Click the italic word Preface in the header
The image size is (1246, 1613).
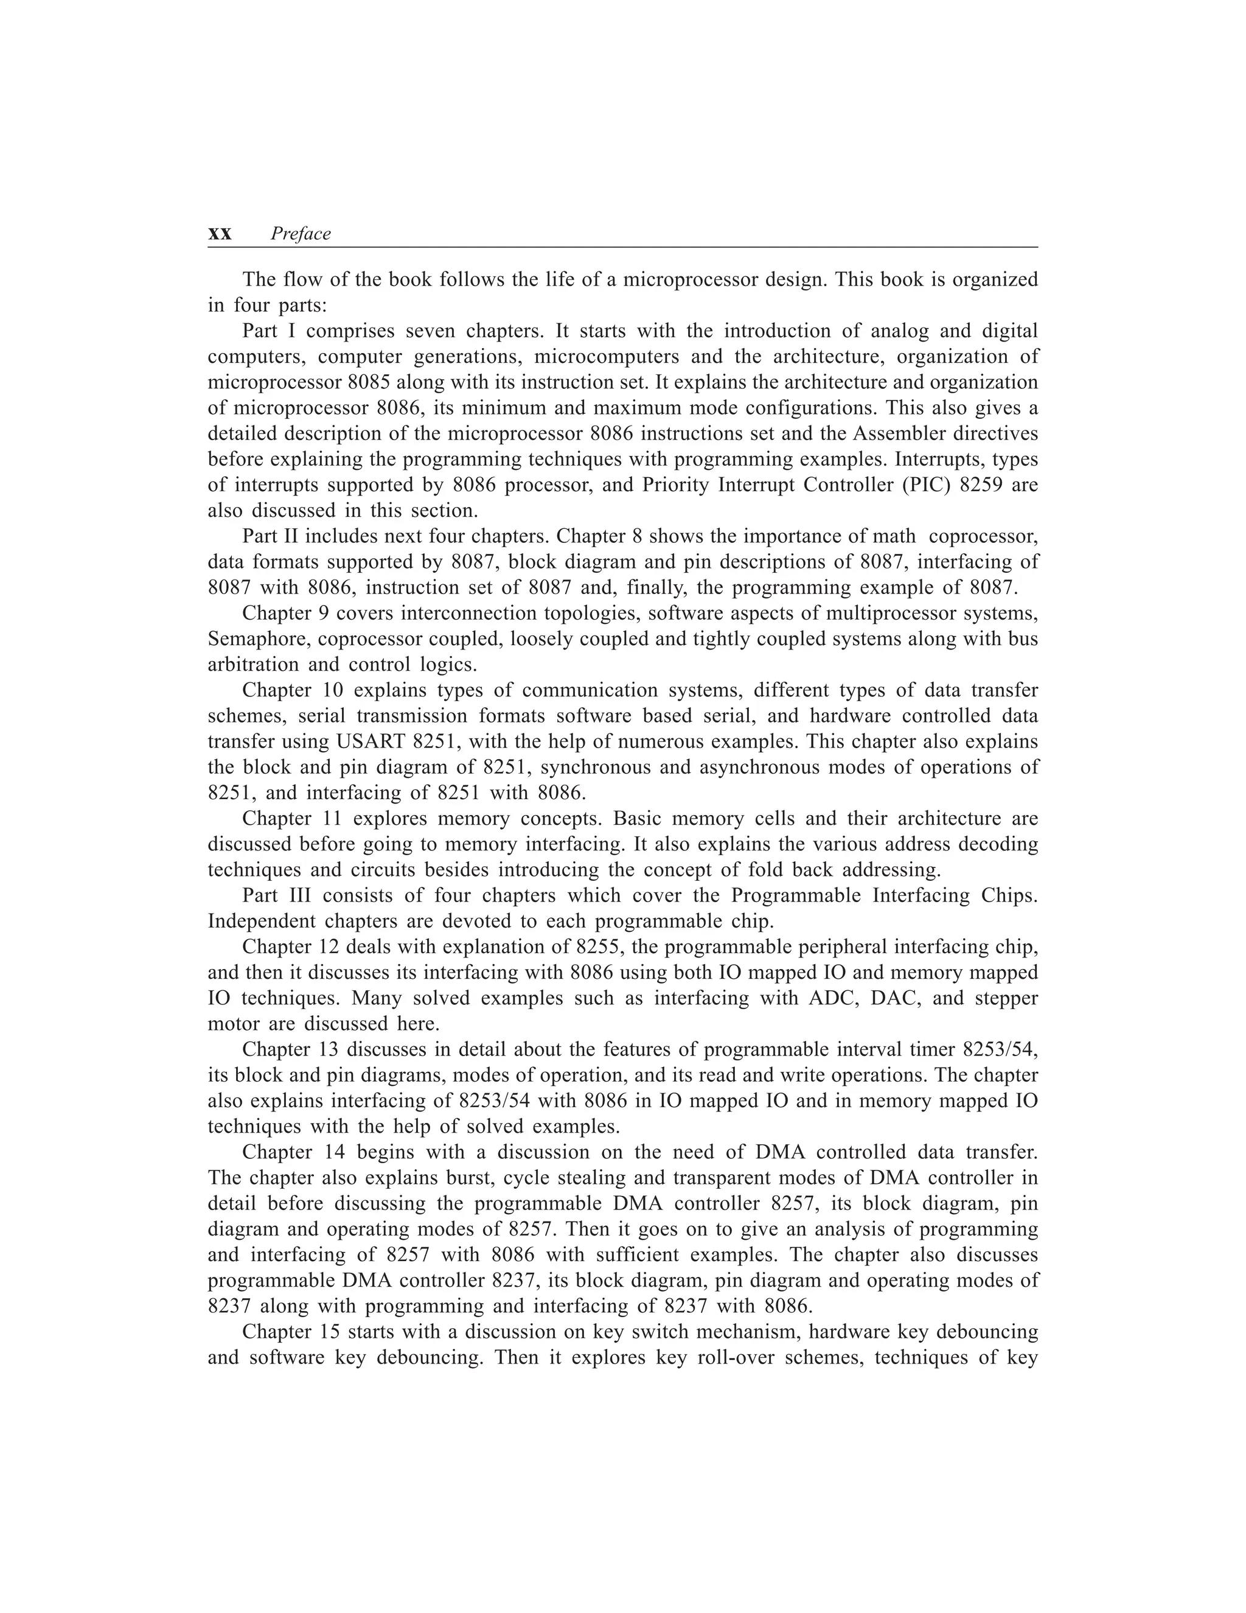point(301,234)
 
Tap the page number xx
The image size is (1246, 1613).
point(220,235)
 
